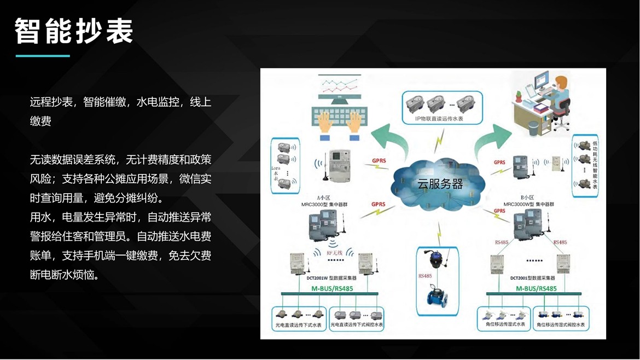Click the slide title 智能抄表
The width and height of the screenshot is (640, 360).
point(74,31)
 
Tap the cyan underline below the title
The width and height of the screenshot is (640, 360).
point(43,56)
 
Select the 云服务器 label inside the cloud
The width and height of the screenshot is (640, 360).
point(440,184)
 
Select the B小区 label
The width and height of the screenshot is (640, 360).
point(527,197)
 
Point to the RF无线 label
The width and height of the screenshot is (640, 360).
point(334,253)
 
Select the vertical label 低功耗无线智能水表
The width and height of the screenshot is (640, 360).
point(595,165)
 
